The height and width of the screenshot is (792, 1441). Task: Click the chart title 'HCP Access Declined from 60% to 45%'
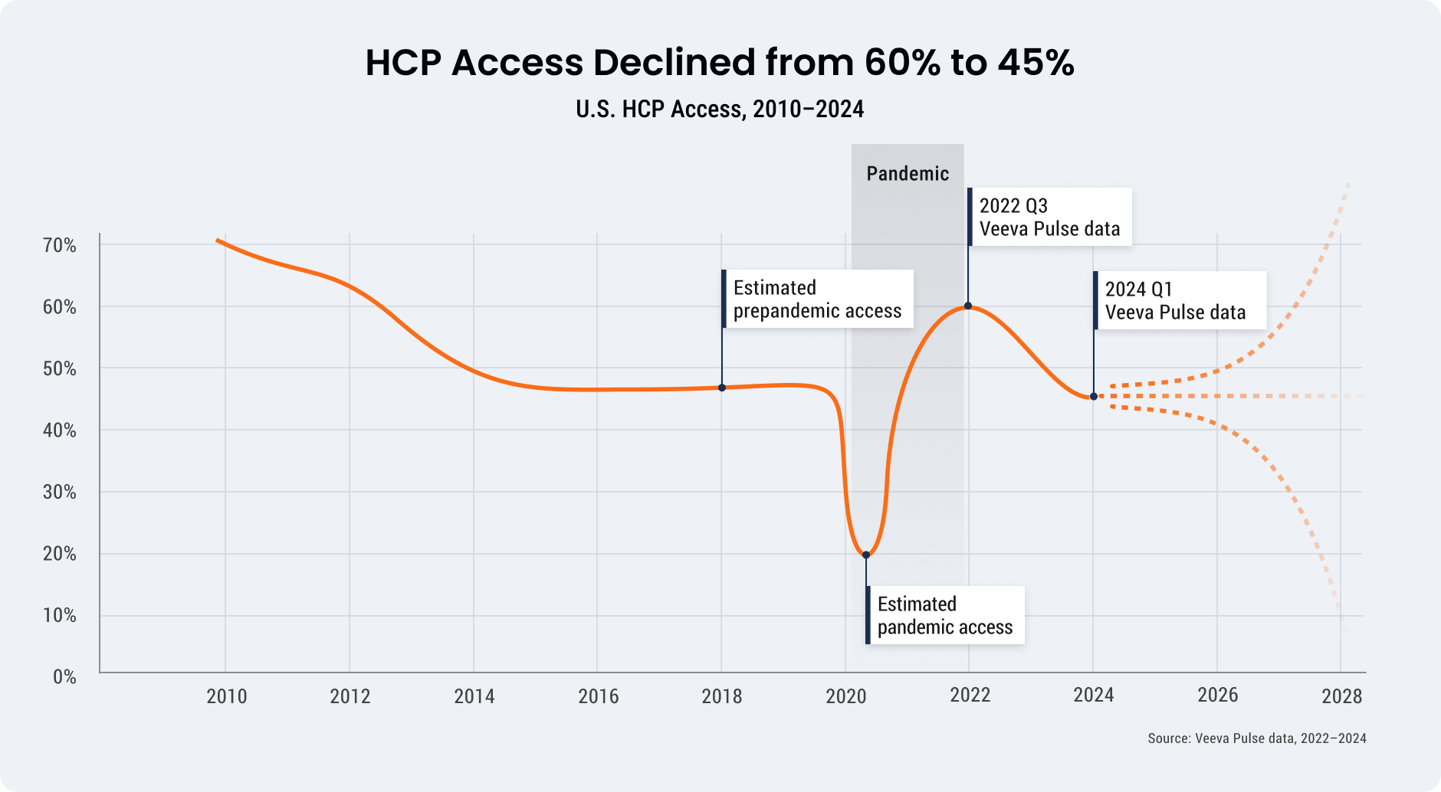pyautogui.click(x=719, y=63)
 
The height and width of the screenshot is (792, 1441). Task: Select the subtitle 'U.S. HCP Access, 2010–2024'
pyautogui.click(x=719, y=110)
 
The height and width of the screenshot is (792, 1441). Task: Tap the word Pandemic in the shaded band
pyautogui.click(x=908, y=174)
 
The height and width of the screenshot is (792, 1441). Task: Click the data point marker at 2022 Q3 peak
pyautogui.click(x=968, y=306)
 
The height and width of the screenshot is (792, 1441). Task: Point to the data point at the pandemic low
pyautogui.click(x=866, y=555)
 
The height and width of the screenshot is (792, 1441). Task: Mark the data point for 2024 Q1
pyautogui.click(x=1094, y=397)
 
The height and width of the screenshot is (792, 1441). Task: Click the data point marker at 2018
pyautogui.click(x=722, y=388)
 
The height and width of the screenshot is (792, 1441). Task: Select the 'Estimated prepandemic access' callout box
pyautogui.click(x=817, y=299)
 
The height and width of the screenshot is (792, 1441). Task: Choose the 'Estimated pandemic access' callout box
pyautogui.click(x=945, y=615)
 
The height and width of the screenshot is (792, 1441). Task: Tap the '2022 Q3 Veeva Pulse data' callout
pyautogui.click(x=1049, y=217)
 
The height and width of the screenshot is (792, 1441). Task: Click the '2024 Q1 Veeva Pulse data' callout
pyautogui.click(x=1180, y=300)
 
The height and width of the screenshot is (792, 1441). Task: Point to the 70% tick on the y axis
pyautogui.click(x=60, y=246)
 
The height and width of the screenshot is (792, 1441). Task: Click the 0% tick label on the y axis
pyautogui.click(x=64, y=677)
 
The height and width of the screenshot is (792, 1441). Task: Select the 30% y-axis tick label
pyautogui.click(x=60, y=493)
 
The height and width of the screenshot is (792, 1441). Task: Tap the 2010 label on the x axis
pyautogui.click(x=227, y=696)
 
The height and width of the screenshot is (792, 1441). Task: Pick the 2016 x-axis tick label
pyautogui.click(x=599, y=696)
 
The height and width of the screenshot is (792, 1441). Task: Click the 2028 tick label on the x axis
pyautogui.click(x=1341, y=696)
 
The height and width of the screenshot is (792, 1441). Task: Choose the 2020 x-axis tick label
pyautogui.click(x=846, y=696)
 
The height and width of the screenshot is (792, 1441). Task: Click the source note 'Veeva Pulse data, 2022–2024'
pyautogui.click(x=1256, y=738)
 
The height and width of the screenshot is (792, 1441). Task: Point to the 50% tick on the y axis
pyautogui.click(x=60, y=369)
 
